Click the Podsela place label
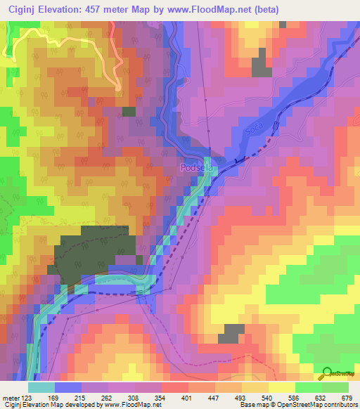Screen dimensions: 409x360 click(196, 169)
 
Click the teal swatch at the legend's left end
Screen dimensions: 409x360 click(41, 387)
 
